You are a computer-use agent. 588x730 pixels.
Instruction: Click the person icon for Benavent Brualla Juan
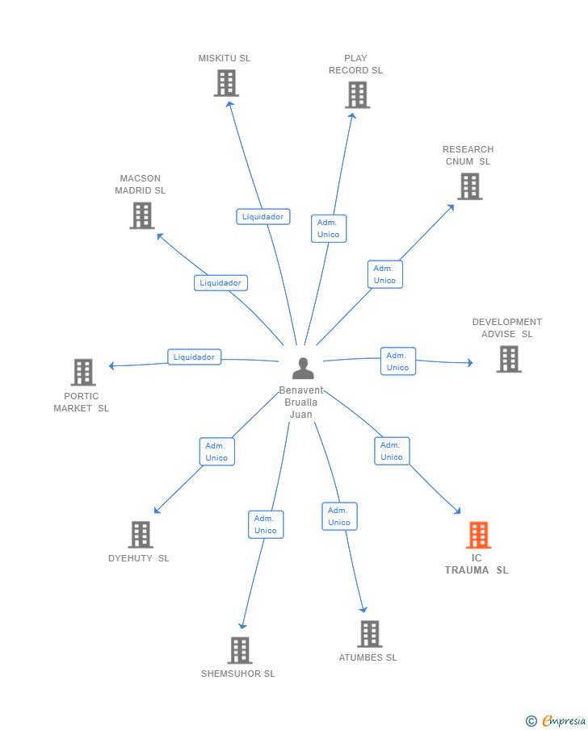[x=303, y=369]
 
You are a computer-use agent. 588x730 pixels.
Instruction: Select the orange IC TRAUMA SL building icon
[x=478, y=535]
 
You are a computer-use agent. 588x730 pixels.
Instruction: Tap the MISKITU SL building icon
[x=226, y=83]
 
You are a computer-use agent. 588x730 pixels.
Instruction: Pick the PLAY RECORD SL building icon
[x=356, y=95]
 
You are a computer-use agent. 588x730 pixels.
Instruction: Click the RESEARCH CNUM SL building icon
[x=469, y=186]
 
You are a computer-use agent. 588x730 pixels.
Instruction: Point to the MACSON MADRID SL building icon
[x=142, y=215]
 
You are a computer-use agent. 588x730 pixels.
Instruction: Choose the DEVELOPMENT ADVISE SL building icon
[x=508, y=359]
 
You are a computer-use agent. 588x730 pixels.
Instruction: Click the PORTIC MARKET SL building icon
[x=83, y=372]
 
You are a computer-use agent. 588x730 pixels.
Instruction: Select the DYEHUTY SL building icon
[x=141, y=534]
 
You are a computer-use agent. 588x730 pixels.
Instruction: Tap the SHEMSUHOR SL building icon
[x=239, y=650]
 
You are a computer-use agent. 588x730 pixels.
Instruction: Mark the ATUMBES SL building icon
[x=369, y=634]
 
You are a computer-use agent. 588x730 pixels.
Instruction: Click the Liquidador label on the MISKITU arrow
[x=262, y=216]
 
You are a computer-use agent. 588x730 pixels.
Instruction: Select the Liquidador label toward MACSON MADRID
[x=220, y=282]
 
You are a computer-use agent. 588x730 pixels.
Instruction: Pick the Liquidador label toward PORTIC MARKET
[x=194, y=357]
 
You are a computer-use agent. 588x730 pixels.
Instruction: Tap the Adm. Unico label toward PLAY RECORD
[x=328, y=228]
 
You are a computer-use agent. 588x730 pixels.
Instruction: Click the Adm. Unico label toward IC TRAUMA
[x=392, y=451]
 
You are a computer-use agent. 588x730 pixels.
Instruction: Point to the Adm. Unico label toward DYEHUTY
[x=216, y=452]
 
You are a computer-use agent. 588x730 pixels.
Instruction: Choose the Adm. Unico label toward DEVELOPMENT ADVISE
[x=397, y=361]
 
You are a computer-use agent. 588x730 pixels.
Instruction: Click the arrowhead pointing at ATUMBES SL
[x=364, y=609]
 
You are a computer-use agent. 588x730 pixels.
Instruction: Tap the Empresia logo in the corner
[x=556, y=720]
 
